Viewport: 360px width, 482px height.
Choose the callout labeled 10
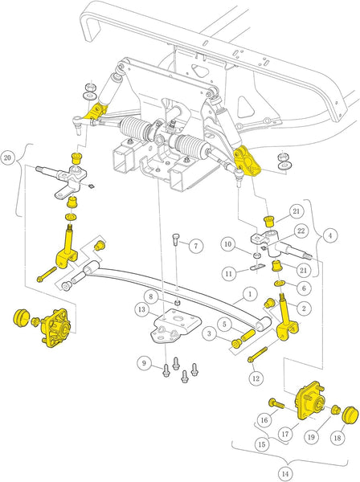pos(228,243)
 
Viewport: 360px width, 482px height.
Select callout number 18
pos(336,439)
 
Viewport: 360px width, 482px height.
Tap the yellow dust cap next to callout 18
pos(349,415)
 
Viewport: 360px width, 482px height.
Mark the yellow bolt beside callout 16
pos(276,403)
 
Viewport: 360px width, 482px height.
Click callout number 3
pos(208,332)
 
